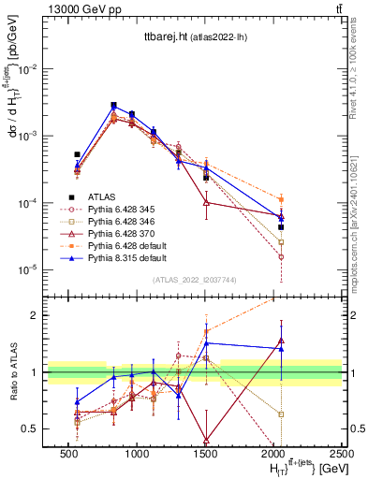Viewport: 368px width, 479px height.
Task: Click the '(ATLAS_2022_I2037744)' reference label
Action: click(x=193, y=280)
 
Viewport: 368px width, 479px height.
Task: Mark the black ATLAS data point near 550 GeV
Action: click(x=77, y=154)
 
